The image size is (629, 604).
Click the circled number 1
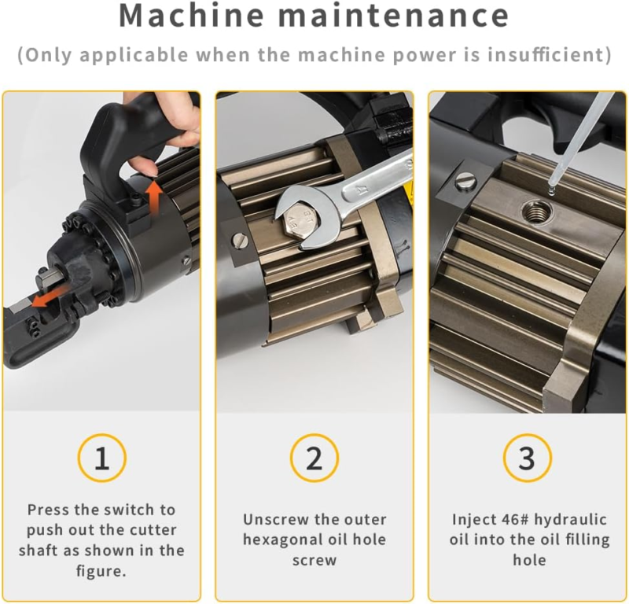tap(102, 458)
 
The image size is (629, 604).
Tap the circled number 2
tap(314, 458)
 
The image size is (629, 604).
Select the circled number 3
tap(527, 458)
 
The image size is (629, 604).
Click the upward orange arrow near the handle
tap(153, 193)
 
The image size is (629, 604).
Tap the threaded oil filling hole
tap(537, 210)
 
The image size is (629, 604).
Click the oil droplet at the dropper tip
tap(551, 191)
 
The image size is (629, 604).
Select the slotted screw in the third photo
tap(466, 182)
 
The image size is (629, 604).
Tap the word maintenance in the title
tap(394, 16)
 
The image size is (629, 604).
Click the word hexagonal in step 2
tap(281, 540)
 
